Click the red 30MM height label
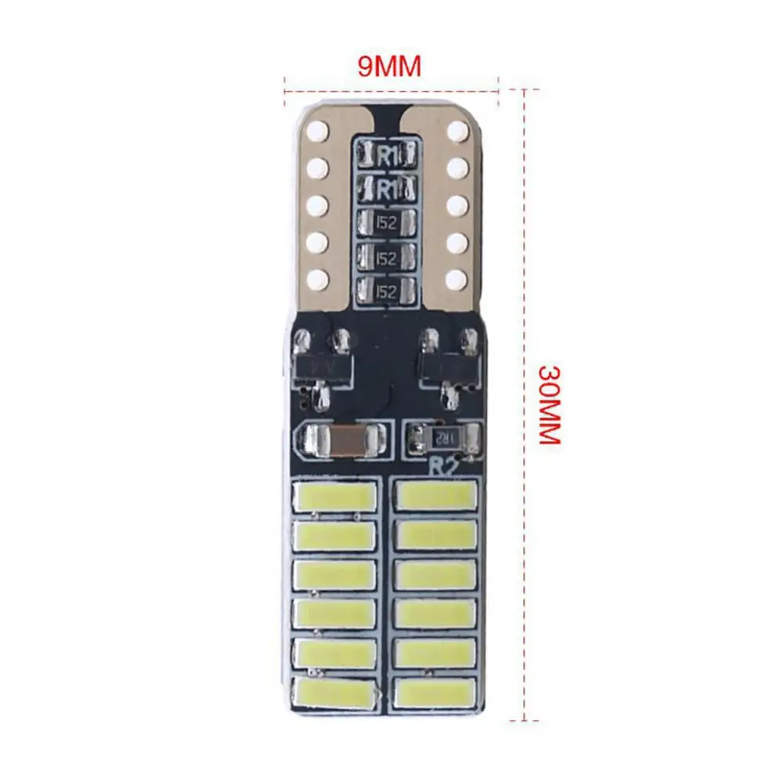[x=549, y=404]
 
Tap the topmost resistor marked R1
[x=385, y=153]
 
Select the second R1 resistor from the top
[x=385, y=188]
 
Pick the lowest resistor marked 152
[x=385, y=291]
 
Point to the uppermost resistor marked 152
[x=385, y=222]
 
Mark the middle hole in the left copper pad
[x=318, y=204]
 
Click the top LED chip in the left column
[x=335, y=496]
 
